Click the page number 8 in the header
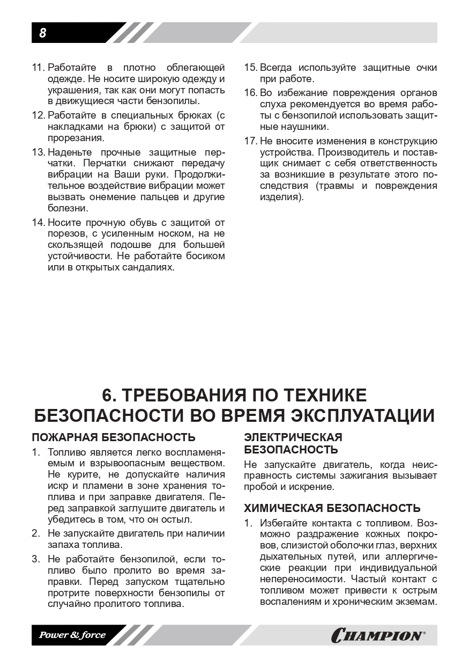[42, 33]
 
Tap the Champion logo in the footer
[378, 635]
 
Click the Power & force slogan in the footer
[72, 635]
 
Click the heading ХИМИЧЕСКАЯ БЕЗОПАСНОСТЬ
[332, 508]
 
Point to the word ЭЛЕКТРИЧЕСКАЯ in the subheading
[293, 437]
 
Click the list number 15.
[250, 68]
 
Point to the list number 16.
[250, 92]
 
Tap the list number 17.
[250, 141]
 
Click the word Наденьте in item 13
[71, 152]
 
